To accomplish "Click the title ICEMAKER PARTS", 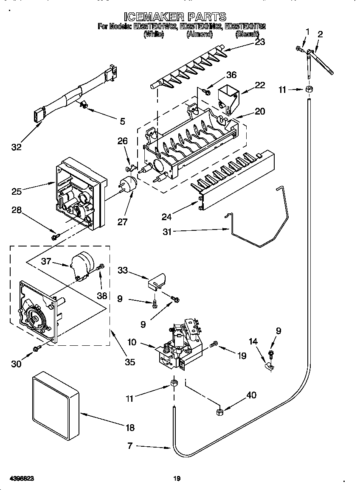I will point(175,17).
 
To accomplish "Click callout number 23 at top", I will point(260,41).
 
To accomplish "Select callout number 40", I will point(251,395).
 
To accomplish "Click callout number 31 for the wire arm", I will point(168,231).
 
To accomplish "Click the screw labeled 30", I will point(37,348).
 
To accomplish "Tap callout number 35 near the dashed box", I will point(130,362).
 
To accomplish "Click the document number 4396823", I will point(20,478).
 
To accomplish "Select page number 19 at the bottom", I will point(177,479).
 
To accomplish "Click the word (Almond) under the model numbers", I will point(199,34).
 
